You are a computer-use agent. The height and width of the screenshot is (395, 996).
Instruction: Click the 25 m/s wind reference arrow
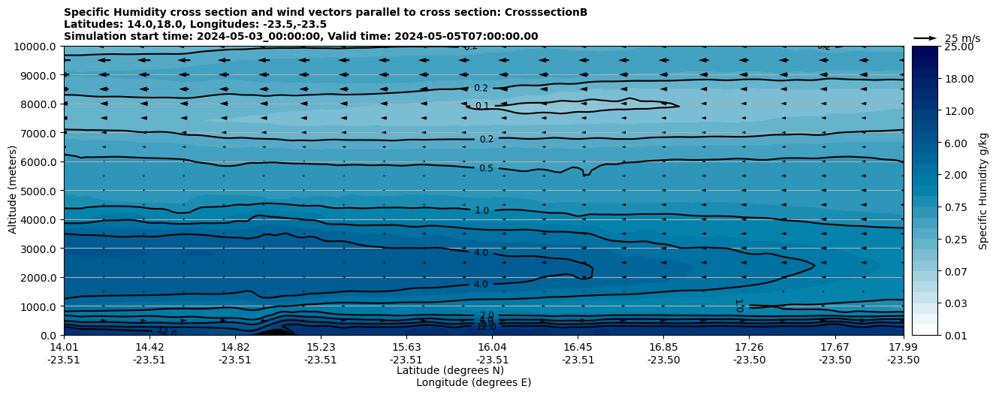tap(925, 38)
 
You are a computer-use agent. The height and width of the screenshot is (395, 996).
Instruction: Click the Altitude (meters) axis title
tap(13, 191)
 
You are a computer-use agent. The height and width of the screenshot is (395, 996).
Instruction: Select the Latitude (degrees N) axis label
tap(450, 370)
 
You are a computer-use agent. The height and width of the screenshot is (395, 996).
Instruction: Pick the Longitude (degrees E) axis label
tap(473, 382)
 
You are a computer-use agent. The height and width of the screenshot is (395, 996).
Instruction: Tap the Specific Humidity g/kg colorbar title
tap(984, 191)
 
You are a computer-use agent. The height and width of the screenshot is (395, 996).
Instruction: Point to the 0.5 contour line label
tap(486, 168)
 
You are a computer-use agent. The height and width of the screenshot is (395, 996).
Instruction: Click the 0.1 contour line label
tap(482, 106)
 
